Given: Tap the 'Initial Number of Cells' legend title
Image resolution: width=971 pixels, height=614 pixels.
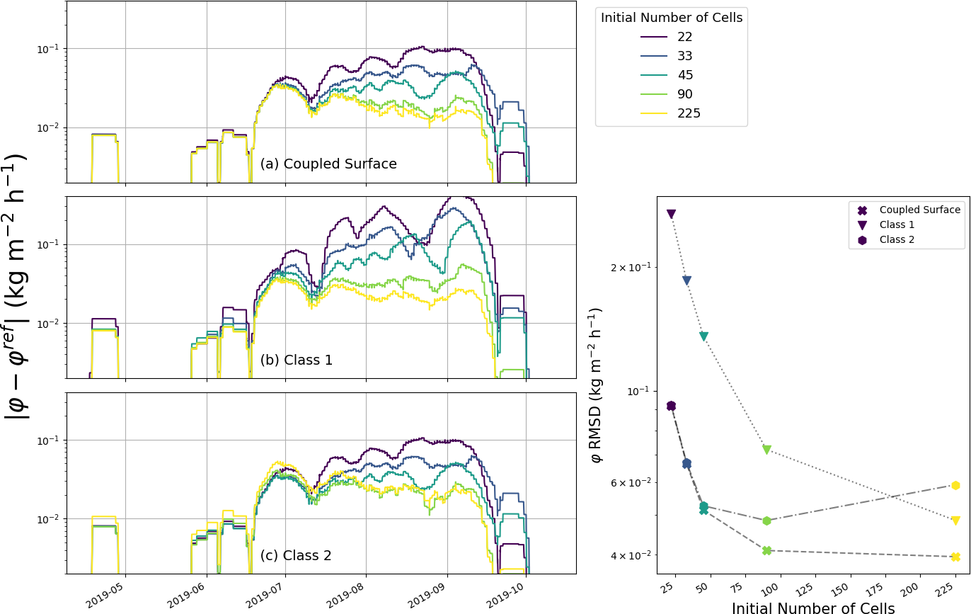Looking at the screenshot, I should (671, 18).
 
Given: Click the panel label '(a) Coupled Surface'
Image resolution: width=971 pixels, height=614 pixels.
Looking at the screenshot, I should (328, 164).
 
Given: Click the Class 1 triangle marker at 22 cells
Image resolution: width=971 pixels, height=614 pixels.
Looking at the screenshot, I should (671, 214).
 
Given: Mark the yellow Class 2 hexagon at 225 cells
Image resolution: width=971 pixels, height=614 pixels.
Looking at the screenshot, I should (955, 485).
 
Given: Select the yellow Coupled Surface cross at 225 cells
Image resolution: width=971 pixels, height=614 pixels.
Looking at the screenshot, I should (955, 557).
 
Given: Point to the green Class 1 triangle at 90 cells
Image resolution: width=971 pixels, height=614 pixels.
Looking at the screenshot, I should (766, 450).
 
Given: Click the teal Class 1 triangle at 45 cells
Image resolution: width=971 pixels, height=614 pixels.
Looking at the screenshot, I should (703, 336).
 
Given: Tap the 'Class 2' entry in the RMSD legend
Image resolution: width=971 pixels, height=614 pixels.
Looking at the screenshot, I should (897, 239).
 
